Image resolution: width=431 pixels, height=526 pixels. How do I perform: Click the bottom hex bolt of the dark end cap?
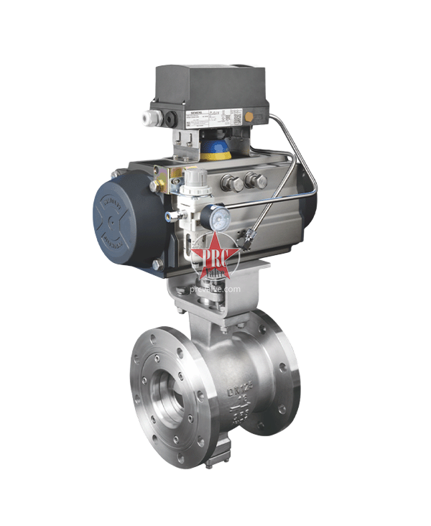(157, 264)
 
